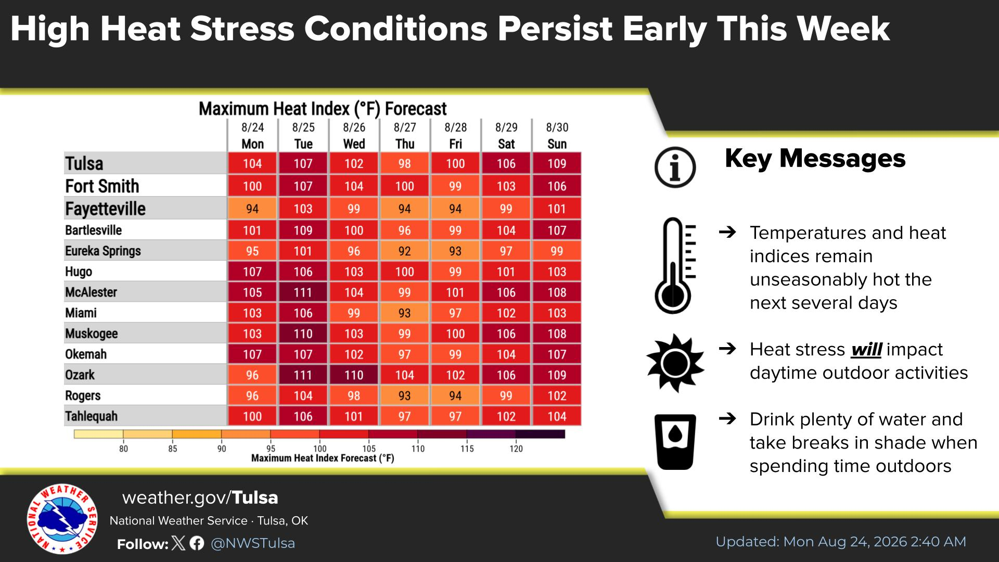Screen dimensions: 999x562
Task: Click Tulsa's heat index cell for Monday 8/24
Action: [x=252, y=163]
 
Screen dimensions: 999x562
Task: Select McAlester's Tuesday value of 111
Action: [x=303, y=292]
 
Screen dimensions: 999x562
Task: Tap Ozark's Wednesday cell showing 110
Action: [x=354, y=375]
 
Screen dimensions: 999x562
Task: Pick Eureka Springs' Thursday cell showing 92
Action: [x=404, y=251]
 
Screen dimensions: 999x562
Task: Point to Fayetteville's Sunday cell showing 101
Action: [x=557, y=209]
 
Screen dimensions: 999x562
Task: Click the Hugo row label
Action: [x=79, y=272]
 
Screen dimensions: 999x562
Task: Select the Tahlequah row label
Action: [x=91, y=416]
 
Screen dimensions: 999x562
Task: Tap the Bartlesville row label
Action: [x=93, y=230]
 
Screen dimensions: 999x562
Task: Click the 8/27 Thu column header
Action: [x=404, y=136]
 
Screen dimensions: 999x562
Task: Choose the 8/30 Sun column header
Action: [x=557, y=136]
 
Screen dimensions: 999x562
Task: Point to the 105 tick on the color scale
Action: [x=369, y=449]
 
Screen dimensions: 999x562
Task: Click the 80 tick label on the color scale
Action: [x=123, y=449]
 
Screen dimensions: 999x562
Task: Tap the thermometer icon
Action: [x=675, y=265]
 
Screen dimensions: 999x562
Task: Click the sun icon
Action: [x=675, y=362]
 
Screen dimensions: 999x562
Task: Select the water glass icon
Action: [x=675, y=442]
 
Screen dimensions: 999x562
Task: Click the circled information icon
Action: [x=675, y=167]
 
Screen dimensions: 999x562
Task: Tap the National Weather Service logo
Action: [x=62, y=519]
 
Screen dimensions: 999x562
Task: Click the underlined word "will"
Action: [x=866, y=350]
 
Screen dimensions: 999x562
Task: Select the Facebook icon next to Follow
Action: [x=197, y=544]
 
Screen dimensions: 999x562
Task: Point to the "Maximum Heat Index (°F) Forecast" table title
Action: [x=323, y=109]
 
